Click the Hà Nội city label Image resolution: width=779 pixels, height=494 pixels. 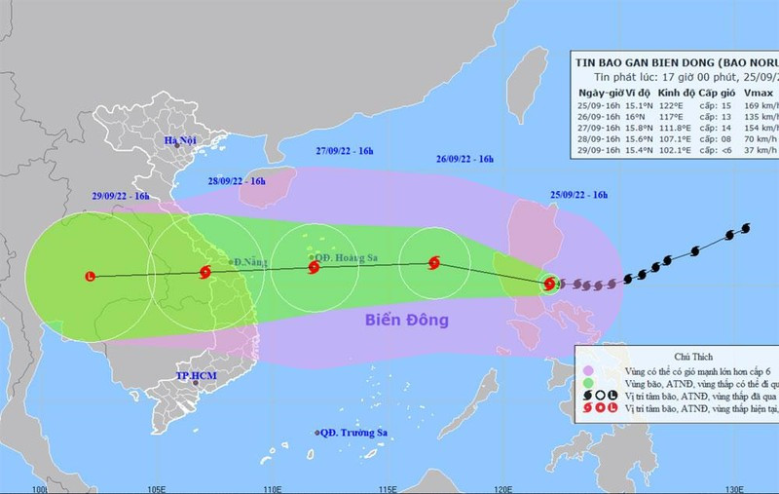pos(181,141)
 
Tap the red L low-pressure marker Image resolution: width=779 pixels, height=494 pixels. pos(91,276)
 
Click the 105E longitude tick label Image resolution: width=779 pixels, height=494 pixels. pos(155,486)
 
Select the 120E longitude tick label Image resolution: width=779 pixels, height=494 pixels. pos(502,486)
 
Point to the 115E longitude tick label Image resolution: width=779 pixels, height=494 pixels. pos(388,486)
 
